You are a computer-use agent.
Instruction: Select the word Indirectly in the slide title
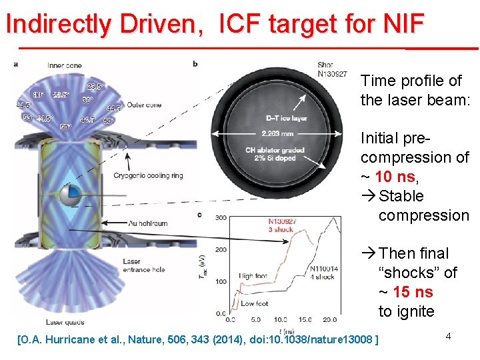(x=60, y=24)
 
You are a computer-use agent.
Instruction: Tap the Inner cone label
(x=65, y=65)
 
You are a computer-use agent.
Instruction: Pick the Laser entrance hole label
(x=142, y=265)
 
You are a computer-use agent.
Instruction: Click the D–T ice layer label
(x=286, y=118)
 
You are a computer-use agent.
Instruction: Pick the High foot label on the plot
(x=254, y=275)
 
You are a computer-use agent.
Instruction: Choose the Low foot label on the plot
(x=254, y=303)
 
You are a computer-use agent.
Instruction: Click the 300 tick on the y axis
(x=221, y=217)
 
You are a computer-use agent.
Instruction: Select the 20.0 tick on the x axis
(x=328, y=319)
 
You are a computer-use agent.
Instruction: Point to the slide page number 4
(x=449, y=336)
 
